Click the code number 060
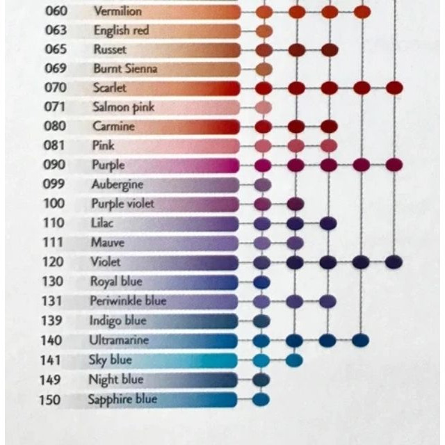[56, 11]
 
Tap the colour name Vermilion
[118, 11]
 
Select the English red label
[121, 31]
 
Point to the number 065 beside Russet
[56, 50]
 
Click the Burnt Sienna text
[125, 69]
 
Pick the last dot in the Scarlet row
[394, 88]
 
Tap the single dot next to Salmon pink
[263, 107]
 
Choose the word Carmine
[113, 127]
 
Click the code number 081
[56, 146]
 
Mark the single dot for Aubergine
[262, 185]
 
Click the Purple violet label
[122, 204]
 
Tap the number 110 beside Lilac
[55, 223]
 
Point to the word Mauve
[108, 243]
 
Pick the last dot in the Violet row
[394, 262]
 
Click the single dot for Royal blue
[261, 282]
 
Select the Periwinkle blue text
[128, 301]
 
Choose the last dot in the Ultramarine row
[360, 340]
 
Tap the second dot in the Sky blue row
[294, 359]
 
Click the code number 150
[50, 400]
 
